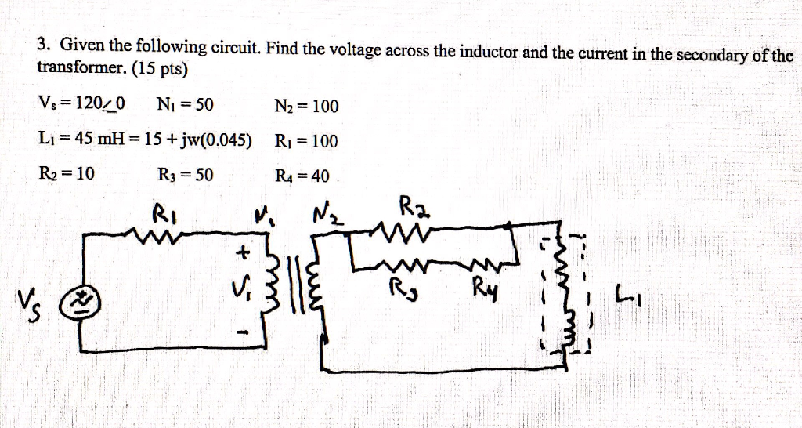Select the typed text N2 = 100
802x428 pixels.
(306, 106)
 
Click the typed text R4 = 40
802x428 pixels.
(302, 175)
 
